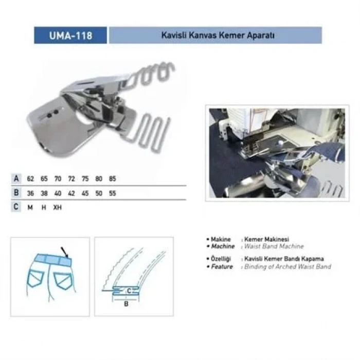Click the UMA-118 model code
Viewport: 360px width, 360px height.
[70, 35]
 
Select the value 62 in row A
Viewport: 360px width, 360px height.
[31, 179]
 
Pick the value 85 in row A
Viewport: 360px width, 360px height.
[113, 179]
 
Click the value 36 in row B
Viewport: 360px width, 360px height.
[31, 193]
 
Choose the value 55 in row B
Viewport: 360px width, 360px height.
[113, 193]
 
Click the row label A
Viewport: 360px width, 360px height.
[16, 179]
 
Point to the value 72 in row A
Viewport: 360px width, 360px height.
[71, 179]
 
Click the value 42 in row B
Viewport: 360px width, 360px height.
[71, 193]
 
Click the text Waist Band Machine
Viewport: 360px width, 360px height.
[274, 247]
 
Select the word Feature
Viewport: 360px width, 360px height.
[222, 266]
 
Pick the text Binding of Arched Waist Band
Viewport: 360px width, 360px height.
[287, 266]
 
